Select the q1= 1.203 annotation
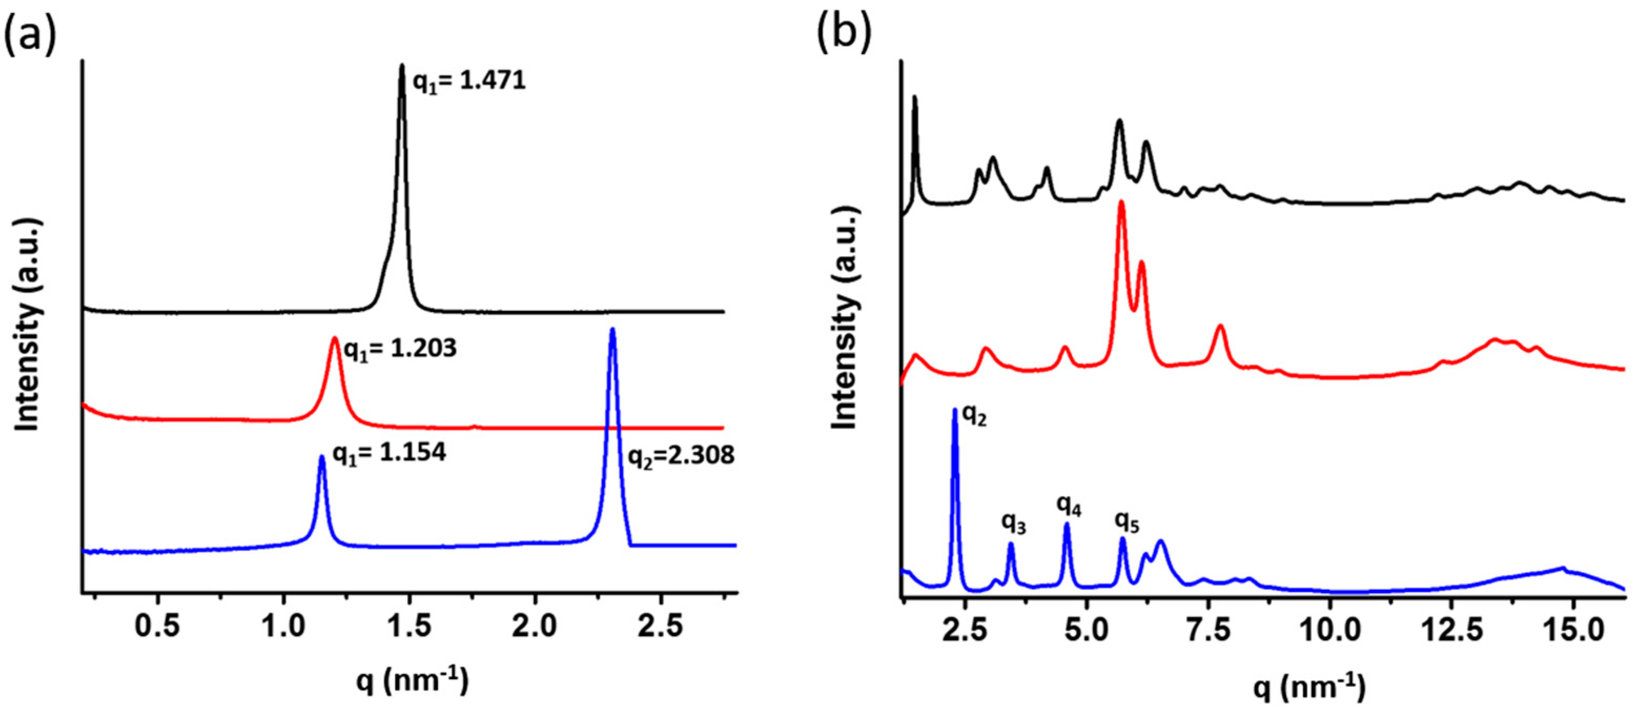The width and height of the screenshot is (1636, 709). coord(400,349)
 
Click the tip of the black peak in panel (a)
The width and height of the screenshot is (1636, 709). coord(402,65)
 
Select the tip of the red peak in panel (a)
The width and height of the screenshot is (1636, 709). coord(335,338)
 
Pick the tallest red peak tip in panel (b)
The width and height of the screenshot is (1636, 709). coord(1121,202)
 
